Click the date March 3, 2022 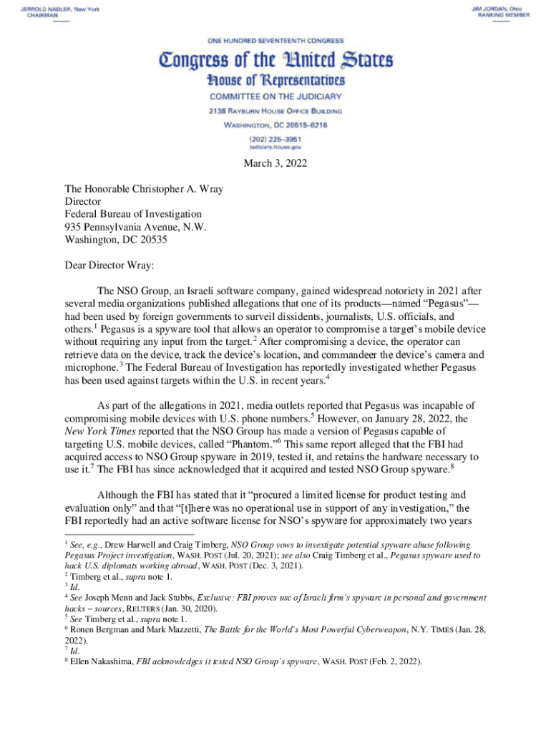(275, 164)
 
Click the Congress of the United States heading (275, 59)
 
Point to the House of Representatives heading (275, 80)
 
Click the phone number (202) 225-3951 (275, 137)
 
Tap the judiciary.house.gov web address (275, 145)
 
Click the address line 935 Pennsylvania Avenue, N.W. (135, 227)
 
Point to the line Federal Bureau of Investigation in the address (133, 214)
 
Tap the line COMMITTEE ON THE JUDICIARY (275, 96)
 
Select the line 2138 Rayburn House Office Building (275, 111)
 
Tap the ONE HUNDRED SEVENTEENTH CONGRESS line (275, 40)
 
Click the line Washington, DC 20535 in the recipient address (116, 240)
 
